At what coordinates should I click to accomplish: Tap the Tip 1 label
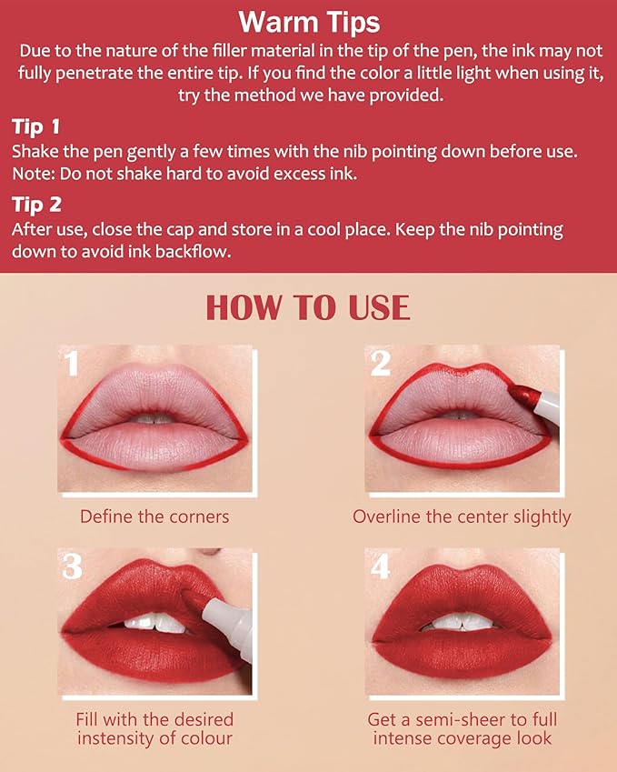(37, 125)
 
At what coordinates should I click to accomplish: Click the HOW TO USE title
(308, 307)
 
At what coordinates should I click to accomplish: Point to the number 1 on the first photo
(72, 364)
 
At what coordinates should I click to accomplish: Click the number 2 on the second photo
(381, 364)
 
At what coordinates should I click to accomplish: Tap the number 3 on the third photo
(73, 566)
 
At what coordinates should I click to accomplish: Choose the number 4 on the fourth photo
(381, 566)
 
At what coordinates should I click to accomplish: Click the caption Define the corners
(154, 516)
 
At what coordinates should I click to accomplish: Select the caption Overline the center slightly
(462, 516)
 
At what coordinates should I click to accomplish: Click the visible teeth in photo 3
(154, 624)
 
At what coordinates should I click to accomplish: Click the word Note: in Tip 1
(35, 173)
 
